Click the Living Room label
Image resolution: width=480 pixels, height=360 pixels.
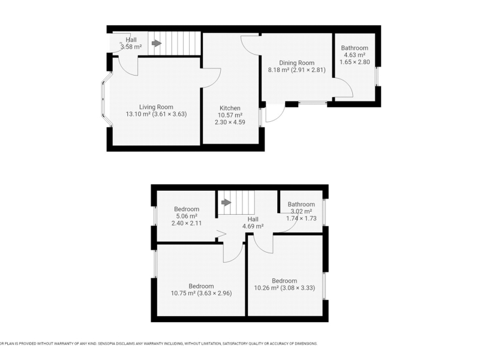point(156,107)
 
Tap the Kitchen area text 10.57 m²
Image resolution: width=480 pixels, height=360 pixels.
point(230,115)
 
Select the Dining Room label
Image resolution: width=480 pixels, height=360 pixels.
point(296,63)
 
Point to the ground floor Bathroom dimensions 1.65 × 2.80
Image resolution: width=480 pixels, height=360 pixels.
point(355,62)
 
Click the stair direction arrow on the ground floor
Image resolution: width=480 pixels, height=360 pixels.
point(157,43)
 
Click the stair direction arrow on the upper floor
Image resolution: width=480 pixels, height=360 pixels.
point(226,202)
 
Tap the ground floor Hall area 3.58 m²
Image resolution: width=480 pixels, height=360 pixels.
point(131,47)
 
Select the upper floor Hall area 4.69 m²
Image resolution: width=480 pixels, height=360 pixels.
point(253,226)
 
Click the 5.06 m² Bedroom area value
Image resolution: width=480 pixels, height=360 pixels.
point(187,216)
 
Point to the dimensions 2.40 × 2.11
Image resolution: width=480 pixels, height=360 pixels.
point(187,223)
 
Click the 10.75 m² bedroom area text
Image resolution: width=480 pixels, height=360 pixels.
point(183,293)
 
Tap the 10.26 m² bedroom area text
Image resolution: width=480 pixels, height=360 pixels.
point(266,288)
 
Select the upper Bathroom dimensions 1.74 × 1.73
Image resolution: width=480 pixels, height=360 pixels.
point(301,218)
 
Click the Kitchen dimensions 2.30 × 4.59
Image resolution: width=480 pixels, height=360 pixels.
point(230,122)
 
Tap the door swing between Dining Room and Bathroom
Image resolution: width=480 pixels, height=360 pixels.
point(343,87)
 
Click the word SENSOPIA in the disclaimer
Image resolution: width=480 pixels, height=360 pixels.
point(109,343)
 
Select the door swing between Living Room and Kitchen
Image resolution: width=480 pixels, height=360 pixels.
point(211,78)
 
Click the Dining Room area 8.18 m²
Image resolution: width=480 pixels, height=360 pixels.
point(278,70)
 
